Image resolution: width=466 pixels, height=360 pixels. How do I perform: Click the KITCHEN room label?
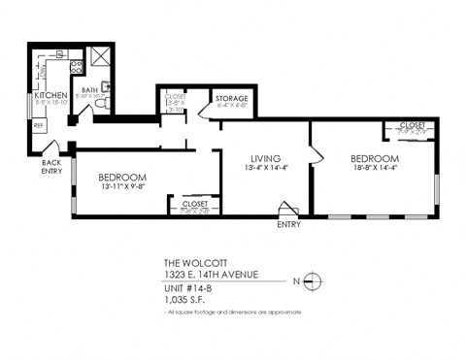tap(50, 96)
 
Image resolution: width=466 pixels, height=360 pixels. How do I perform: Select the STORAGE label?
tap(230, 99)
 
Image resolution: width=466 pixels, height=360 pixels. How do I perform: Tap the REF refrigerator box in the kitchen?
tap(40, 124)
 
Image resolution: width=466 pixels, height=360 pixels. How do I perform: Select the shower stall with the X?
tap(99, 56)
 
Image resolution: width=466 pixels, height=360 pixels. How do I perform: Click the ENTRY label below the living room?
tap(288, 224)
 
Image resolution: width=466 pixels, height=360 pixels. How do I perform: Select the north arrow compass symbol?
tap(312, 281)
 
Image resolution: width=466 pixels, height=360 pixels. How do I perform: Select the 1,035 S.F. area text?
tap(185, 300)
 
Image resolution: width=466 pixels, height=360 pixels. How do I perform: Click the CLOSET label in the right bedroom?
tap(412, 125)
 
